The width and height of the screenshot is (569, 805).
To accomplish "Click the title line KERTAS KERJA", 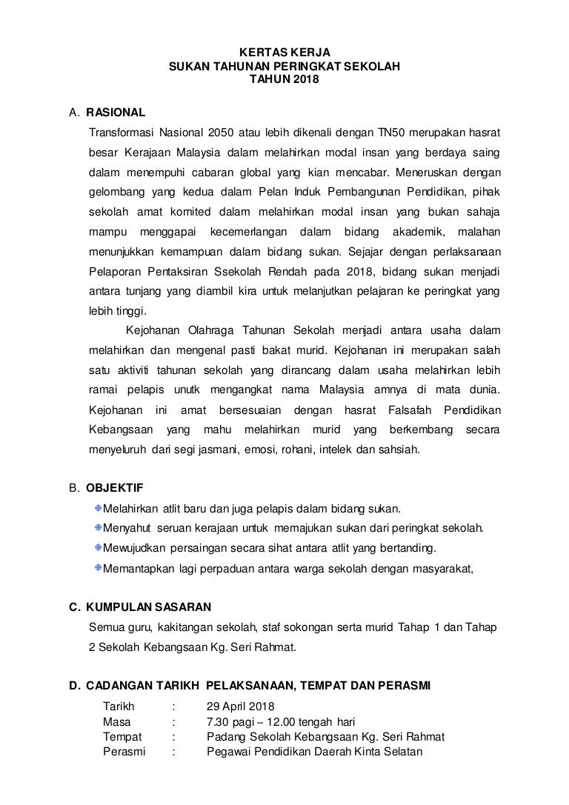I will [x=284, y=53].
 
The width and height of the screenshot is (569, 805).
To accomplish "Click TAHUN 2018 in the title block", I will [x=284, y=79].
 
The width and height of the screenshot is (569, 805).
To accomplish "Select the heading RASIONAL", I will [x=116, y=113].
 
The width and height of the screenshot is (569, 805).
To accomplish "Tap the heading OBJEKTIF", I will [x=115, y=489].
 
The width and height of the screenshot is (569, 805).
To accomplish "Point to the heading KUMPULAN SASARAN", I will [x=149, y=607].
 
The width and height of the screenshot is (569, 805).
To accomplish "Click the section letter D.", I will [x=73, y=687].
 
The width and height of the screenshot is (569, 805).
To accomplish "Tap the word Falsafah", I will [x=410, y=410].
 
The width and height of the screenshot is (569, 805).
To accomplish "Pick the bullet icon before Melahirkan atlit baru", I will [x=98, y=508].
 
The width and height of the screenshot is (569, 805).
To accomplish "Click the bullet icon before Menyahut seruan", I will [x=98, y=528].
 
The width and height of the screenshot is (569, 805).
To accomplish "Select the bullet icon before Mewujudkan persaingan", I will [x=98, y=548].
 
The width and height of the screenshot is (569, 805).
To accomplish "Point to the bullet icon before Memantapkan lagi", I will [x=98, y=568].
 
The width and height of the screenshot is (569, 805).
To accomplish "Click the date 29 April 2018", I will [x=241, y=707].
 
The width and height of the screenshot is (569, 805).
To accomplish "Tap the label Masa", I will [x=117, y=721].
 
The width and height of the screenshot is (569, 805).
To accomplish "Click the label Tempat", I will [x=122, y=737].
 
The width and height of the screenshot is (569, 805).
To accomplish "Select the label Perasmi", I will [x=124, y=752].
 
